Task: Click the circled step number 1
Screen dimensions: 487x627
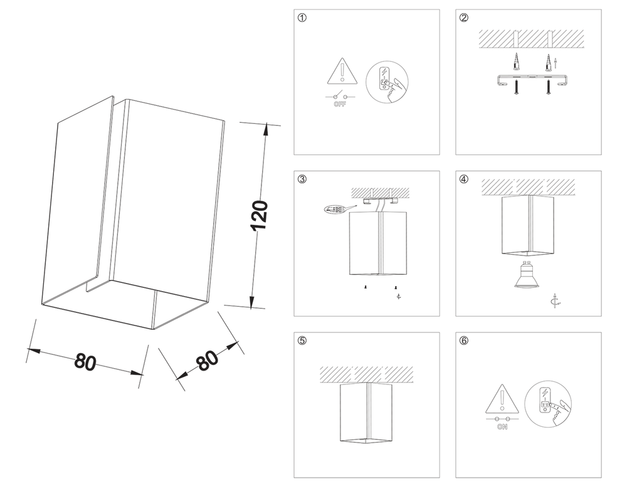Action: tap(303, 18)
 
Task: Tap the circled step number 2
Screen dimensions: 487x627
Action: tap(464, 18)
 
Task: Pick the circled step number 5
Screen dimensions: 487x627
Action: tap(303, 341)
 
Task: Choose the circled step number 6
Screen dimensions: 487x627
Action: tap(464, 341)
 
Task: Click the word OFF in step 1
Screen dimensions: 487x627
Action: tap(340, 105)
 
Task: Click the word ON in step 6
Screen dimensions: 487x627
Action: tap(502, 428)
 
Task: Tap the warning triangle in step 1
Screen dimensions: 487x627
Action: tap(340, 74)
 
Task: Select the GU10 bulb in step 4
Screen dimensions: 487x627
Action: tap(527, 275)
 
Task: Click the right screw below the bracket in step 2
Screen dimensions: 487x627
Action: tap(547, 88)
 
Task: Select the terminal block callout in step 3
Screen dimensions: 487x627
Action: tap(333, 209)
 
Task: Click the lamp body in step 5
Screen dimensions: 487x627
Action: tap(366, 414)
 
